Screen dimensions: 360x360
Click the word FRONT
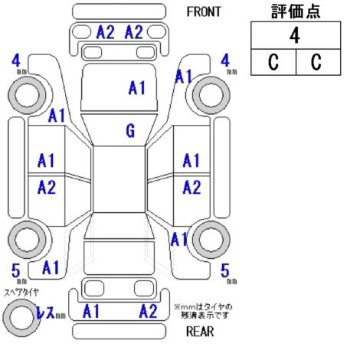coord(204,11)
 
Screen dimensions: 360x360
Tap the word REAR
coord(200,332)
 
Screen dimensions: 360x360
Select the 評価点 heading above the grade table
coord(296,11)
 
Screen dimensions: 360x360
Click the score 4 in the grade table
coord(295,35)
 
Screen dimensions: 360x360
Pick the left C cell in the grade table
coord(273,62)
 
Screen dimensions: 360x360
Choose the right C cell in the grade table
coord(316,62)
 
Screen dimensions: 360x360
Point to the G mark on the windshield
coord(130,131)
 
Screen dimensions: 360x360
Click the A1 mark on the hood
coord(137,88)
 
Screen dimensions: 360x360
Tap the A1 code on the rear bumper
coord(91,311)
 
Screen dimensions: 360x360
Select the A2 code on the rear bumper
coord(148,311)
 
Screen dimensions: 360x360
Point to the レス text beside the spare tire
coord(45,313)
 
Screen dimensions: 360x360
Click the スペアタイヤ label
coord(21,292)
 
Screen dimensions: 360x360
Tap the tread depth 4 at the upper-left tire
coord(16,61)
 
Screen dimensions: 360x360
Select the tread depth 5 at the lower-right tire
coord(225,270)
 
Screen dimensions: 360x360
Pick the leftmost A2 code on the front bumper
coord(106,32)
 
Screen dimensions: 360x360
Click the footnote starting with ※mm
coord(203,311)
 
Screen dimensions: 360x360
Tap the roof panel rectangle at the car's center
coord(119,179)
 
